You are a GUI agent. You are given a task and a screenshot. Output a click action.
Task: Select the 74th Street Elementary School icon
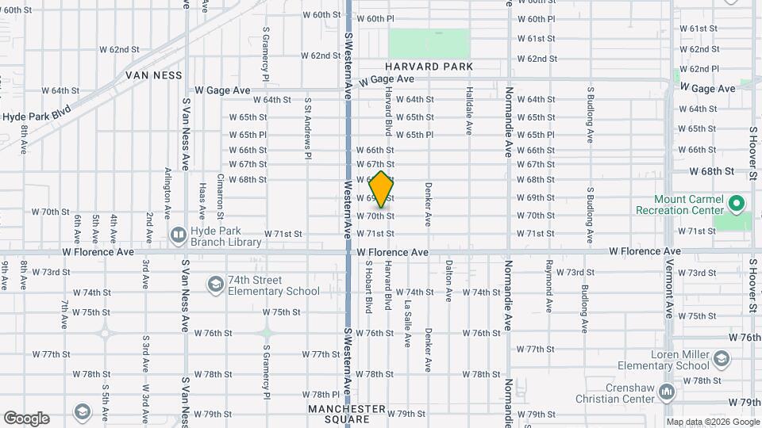(215, 284)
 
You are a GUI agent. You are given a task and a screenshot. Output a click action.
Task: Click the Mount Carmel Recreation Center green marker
(737, 204)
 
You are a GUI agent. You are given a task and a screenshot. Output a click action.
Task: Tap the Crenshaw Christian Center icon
(668, 392)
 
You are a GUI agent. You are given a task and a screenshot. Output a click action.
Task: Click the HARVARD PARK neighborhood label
(429, 67)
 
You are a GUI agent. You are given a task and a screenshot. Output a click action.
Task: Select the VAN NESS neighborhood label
(153, 75)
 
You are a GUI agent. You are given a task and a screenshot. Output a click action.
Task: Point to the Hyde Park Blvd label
(37, 116)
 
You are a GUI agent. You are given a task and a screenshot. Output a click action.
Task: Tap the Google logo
(26, 418)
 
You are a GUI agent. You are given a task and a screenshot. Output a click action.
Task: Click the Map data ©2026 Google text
(713, 422)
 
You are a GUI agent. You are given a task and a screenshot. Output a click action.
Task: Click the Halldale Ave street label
(469, 110)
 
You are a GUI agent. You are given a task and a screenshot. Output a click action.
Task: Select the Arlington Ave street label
(167, 193)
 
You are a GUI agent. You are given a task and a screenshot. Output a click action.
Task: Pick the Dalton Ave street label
(448, 281)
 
